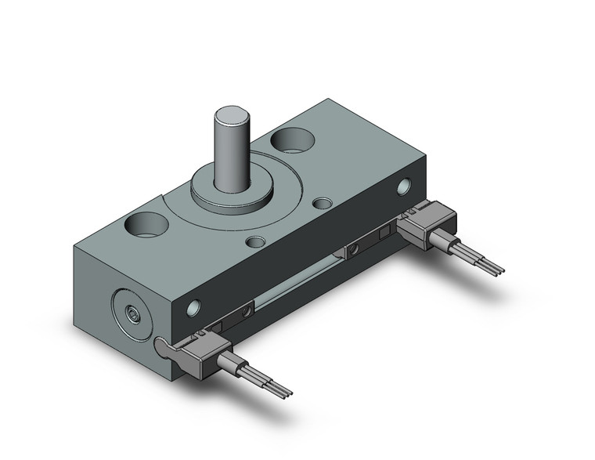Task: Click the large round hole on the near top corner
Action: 147,227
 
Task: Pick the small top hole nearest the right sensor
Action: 320,205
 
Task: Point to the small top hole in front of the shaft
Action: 254,240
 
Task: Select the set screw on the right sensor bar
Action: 354,249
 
